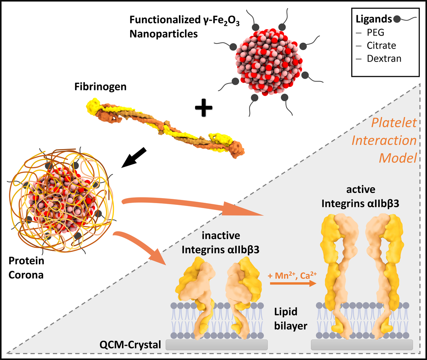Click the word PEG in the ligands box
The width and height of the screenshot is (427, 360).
click(375, 32)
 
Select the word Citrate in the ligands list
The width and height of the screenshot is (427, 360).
click(381, 46)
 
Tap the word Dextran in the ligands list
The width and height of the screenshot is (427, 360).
click(384, 58)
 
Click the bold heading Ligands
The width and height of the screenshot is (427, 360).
click(374, 19)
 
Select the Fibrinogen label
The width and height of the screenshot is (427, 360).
click(100, 86)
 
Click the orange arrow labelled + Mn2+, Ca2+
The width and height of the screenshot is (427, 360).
click(293, 284)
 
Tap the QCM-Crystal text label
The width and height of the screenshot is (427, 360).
click(130, 344)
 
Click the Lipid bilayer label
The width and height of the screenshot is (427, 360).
click(290, 319)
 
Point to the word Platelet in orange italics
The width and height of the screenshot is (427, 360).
click(394, 123)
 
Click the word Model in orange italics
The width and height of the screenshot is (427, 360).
click(397, 158)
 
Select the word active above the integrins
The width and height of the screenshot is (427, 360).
click(360, 190)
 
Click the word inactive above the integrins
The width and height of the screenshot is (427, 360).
click(221, 235)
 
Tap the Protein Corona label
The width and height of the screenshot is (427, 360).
click(26, 268)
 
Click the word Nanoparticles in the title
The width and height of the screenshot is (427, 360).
click(163, 34)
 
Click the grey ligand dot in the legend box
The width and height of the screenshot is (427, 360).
click(397, 19)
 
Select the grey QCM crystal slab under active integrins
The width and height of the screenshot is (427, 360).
click(362, 344)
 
